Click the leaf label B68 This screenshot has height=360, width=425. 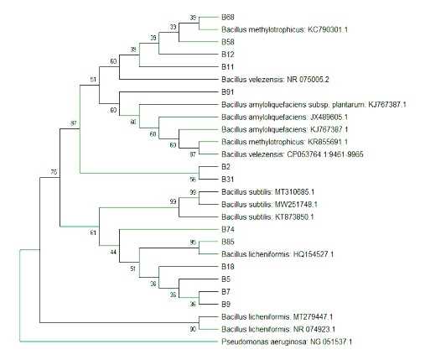point(228,17)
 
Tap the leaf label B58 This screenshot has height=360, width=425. point(228,41)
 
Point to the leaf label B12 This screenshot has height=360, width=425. point(228,54)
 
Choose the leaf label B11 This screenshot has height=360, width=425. point(227,66)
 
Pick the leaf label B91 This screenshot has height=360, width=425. point(227,91)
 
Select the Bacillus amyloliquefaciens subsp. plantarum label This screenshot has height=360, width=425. point(314,104)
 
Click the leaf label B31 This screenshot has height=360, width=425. point(227,179)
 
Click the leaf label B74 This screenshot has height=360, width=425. point(228,229)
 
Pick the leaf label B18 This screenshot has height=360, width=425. point(227,266)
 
